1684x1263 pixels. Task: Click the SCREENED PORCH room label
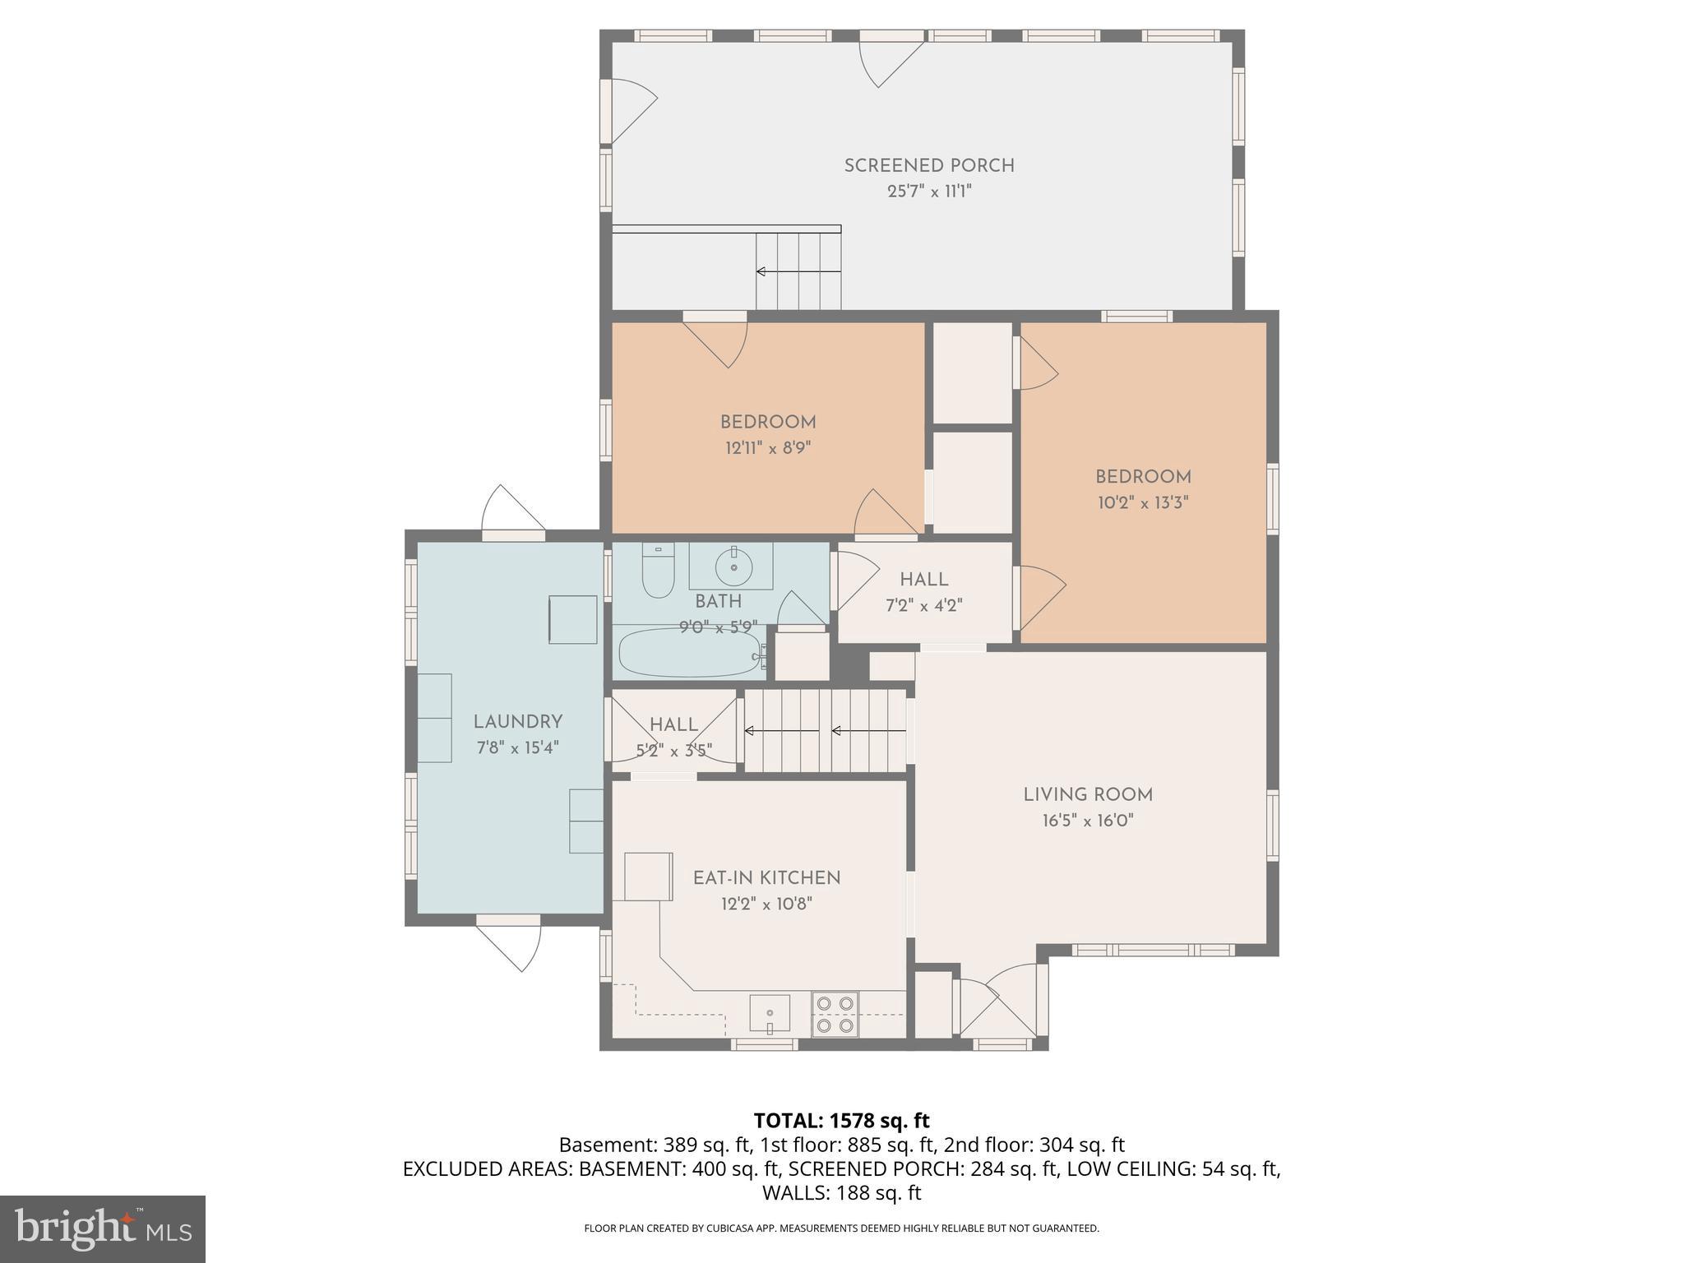929,165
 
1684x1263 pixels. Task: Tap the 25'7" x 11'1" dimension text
929,192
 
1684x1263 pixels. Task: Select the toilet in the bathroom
658,571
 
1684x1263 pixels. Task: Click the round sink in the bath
733,566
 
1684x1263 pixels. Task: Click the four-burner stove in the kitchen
835,1014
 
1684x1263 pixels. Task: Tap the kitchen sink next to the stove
769,1013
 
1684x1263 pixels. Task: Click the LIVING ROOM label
1088,795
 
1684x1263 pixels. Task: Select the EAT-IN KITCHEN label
766,878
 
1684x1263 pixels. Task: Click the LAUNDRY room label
518,722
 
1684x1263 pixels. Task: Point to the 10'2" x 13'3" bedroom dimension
1143,502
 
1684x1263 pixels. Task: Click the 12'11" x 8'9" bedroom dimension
768,448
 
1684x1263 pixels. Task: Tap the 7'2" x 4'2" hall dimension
923,606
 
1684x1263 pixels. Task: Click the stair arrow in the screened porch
798,271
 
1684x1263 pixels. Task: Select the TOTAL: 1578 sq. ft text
841,1121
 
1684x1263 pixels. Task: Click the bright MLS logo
103,1229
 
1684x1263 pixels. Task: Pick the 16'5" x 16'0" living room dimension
1088,821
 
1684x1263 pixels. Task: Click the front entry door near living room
999,1007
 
